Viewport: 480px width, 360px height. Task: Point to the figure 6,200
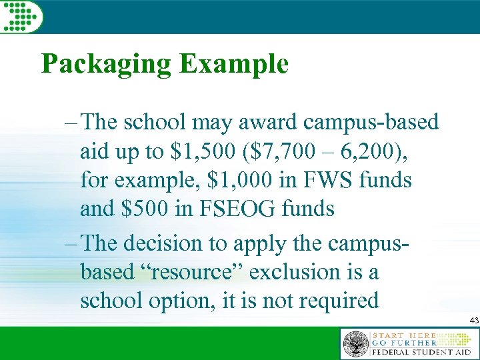click(371, 151)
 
